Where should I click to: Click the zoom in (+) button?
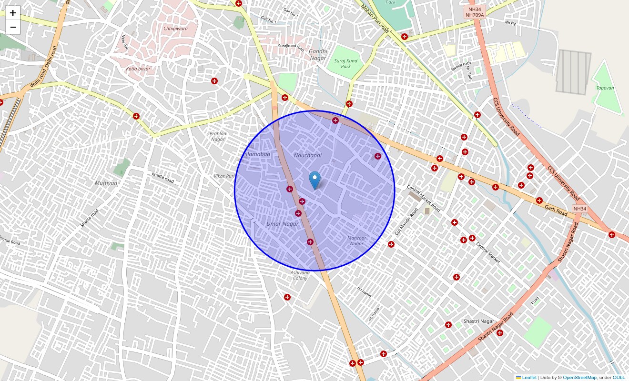[13, 13]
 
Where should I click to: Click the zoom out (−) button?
[13, 27]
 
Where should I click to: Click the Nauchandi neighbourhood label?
[307, 155]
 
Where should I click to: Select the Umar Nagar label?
[283, 224]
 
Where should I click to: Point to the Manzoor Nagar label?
[356, 241]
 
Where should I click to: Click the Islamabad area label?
[257, 154]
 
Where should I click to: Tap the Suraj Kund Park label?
[345, 64]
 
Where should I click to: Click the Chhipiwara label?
[175, 29]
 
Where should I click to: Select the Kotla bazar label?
[138, 69]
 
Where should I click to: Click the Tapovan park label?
[605, 88]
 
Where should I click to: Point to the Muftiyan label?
[106, 183]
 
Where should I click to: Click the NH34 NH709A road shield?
[474, 12]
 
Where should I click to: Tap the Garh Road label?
[556, 210]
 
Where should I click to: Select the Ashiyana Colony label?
[300, 275]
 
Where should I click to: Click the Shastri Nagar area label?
[479, 321]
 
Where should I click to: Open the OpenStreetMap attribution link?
[579, 378]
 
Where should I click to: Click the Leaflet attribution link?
[529, 378]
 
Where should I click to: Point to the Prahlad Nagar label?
[218, 136]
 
